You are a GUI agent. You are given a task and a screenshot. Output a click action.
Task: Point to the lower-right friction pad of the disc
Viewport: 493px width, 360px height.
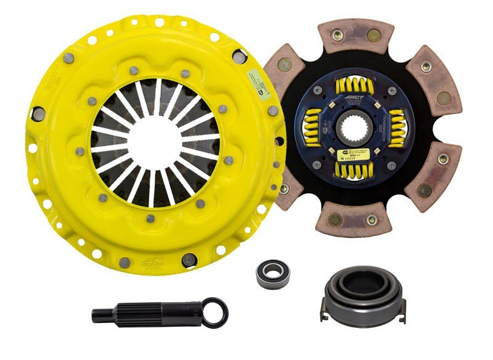coord(431,176)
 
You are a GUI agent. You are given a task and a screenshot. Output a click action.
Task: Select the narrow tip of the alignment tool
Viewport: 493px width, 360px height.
coord(102,315)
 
